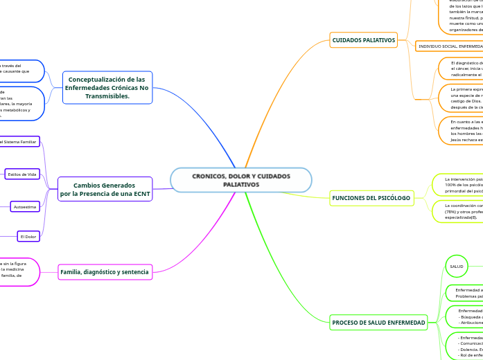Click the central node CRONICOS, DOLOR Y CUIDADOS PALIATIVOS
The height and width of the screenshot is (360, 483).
[241, 181]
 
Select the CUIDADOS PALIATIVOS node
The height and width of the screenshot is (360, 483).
[363, 40]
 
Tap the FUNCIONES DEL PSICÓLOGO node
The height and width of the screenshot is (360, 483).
[371, 198]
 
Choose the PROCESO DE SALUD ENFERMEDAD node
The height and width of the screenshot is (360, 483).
[378, 323]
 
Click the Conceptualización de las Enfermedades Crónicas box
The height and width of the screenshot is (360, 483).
[107, 88]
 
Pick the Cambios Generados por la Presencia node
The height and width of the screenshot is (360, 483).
[105, 190]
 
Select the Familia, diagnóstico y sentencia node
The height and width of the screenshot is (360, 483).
[104, 272]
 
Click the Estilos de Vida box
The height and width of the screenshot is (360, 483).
[23, 174]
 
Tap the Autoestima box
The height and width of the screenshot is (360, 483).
[25, 206]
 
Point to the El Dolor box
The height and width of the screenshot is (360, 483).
[28, 237]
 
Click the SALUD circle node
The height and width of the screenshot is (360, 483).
[457, 267]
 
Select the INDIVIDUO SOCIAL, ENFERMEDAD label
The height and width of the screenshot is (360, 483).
[450, 46]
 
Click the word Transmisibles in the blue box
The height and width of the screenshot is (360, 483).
[107, 96]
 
